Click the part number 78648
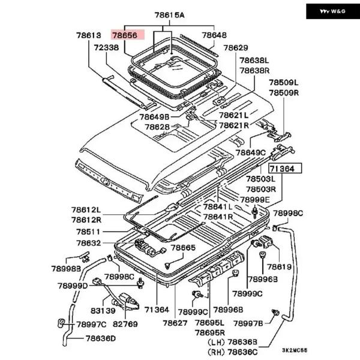pyautogui.click(x=215, y=36)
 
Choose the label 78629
pyautogui.click(x=235, y=47)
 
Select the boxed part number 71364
pyautogui.click(x=286, y=169)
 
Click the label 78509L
pyautogui.click(x=283, y=83)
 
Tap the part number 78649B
pyautogui.click(x=155, y=116)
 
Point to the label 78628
pyautogui.click(x=157, y=127)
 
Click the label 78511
pyautogui.click(x=89, y=232)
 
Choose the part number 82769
pyautogui.click(x=125, y=324)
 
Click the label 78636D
pyautogui.click(x=100, y=338)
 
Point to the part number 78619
pyautogui.click(x=279, y=266)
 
